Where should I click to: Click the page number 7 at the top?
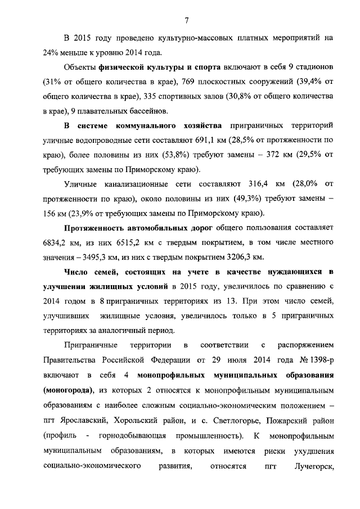[186, 21]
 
